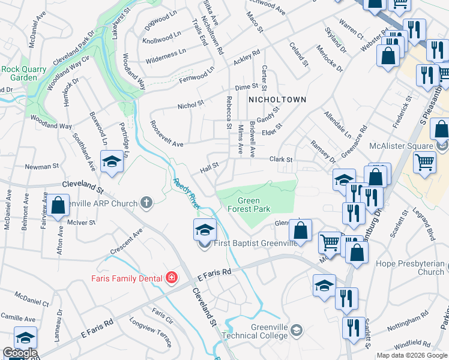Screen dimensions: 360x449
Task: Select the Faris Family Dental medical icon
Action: pos(172,277)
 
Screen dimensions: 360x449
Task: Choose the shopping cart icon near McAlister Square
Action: pos(424,161)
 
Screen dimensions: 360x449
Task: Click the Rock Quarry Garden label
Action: pos(23,73)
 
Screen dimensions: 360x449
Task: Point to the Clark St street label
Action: pos(280,160)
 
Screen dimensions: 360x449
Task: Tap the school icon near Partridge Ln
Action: pos(112,162)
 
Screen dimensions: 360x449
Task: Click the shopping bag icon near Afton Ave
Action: pos(59,205)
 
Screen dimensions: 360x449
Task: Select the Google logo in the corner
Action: pos(19,353)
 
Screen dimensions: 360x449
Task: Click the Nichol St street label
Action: pos(191,106)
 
